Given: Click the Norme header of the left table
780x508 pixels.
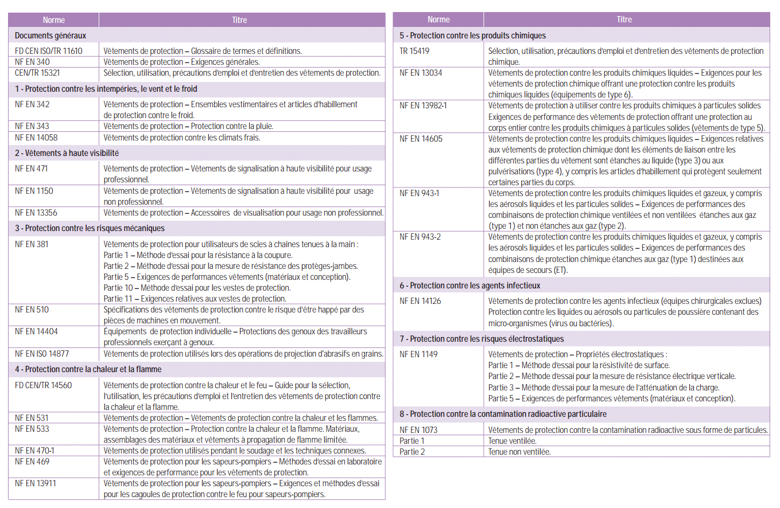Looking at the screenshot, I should click(x=53, y=20).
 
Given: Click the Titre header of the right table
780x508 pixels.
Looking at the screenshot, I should click(x=624, y=19).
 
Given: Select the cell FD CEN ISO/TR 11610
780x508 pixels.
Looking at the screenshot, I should click(x=49, y=51).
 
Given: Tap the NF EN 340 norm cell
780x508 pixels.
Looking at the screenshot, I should click(x=32, y=62).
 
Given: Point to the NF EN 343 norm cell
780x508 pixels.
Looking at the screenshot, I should click(x=32, y=126).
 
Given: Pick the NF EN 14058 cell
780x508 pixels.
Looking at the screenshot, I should click(x=36, y=138).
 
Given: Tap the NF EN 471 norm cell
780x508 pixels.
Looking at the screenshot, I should click(x=32, y=169).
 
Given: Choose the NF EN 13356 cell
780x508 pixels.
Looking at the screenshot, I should click(x=36, y=213).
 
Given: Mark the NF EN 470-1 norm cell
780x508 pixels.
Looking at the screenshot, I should click(x=35, y=451).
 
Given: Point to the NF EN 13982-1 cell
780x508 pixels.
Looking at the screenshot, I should click(x=424, y=105).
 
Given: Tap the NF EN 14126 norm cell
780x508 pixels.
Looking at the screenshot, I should click(x=420, y=301).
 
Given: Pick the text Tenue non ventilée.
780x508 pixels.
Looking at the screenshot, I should click(x=519, y=452).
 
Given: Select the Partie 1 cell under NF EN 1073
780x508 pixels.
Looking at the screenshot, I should click(x=412, y=441).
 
